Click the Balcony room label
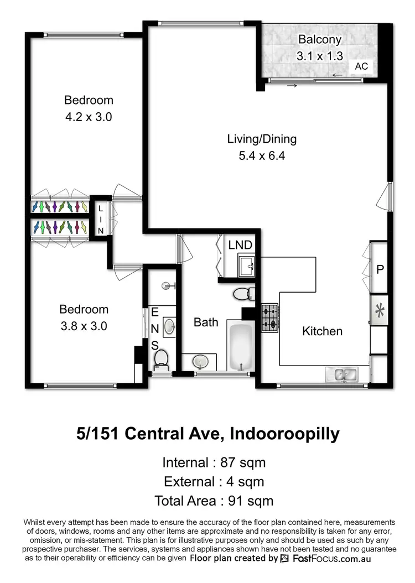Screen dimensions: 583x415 pyautogui.click(x=320, y=39)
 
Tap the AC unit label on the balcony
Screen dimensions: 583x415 pyautogui.click(x=361, y=66)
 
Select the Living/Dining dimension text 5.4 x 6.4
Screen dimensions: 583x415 pyautogui.click(x=262, y=155)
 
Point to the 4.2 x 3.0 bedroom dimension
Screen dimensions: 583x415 pyautogui.click(x=89, y=117)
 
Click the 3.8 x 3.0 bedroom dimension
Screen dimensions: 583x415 pyautogui.click(x=84, y=326)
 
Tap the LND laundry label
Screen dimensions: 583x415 pyautogui.click(x=240, y=245)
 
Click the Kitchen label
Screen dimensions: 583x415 pyautogui.click(x=322, y=331)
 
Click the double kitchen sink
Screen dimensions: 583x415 pyautogui.click(x=343, y=374)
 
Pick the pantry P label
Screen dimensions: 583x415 pyautogui.click(x=380, y=270)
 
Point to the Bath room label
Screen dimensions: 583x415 pyautogui.click(x=205, y=322)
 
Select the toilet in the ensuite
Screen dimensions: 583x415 pyautogui.click(x=161, y=358)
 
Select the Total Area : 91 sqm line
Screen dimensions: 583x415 pyautogui.click(x=214, y=501)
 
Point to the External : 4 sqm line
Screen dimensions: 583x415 pyautogui.click(x=213, y=481)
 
